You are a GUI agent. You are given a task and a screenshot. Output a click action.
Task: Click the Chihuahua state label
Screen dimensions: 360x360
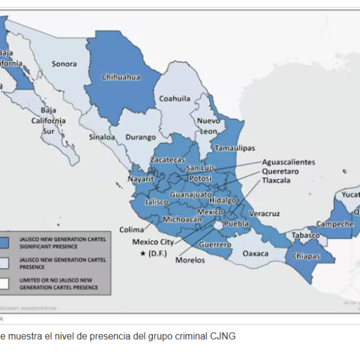[121, 77]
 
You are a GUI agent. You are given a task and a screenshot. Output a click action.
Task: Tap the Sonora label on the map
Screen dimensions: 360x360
[64, 64]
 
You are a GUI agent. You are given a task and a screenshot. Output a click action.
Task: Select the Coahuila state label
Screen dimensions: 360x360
[175, 98]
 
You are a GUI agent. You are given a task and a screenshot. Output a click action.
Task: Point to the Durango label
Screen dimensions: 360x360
[140, 137]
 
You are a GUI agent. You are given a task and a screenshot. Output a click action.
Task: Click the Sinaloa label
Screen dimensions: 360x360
[101, 137]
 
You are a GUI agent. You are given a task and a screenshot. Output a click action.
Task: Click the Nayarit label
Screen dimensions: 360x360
[142, 179]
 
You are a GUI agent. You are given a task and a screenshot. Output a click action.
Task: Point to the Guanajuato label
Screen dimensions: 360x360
[191, 194]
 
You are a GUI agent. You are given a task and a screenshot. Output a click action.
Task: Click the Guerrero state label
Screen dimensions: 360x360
[215, 245]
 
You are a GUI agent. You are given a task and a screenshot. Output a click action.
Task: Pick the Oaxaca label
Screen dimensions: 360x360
[256, 253]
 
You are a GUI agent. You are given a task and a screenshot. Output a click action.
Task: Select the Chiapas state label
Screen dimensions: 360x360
[305, 256]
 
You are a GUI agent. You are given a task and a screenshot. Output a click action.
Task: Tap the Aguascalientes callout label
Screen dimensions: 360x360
[289, 162]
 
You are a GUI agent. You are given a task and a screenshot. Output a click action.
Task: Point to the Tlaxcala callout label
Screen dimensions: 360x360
[275, 180]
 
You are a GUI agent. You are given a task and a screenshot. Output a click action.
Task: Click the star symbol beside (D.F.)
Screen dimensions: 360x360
[143, 253]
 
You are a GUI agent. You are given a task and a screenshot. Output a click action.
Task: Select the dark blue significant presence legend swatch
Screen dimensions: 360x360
[4, 242]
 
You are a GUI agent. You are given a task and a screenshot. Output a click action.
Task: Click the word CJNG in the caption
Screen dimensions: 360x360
[223, 337]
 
